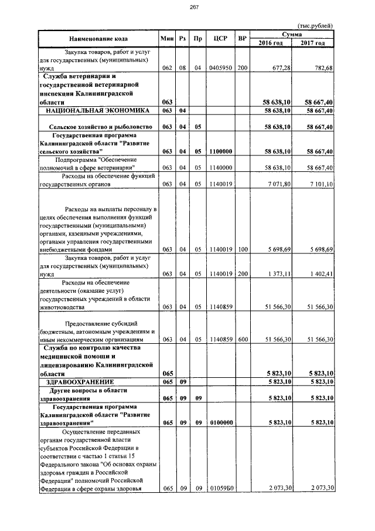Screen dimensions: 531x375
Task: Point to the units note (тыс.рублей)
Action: click(x=315, y=26)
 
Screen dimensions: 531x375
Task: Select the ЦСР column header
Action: click(x=221, y=39)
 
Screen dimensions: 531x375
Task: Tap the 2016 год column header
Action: click(x=272, y=43)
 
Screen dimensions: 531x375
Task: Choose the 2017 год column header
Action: click(x=313, y=43)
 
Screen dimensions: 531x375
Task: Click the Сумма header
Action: click(x=292, y=35)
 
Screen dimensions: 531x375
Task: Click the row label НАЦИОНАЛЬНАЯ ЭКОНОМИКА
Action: click(x=98, y=110)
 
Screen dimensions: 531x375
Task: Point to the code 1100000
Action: click(x=221, y=151)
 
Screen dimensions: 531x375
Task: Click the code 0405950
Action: click(x=221, y=68)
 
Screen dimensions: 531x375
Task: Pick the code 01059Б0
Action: click(x=221, y=488)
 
